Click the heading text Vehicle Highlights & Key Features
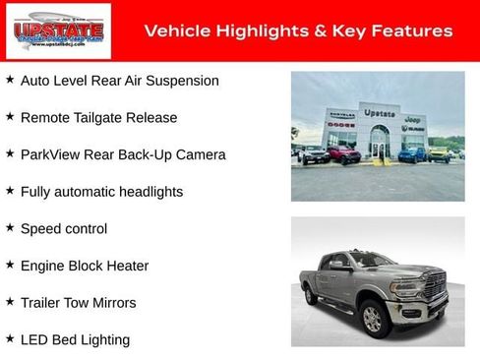[x=298, y=31]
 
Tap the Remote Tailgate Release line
[x=98, y=118]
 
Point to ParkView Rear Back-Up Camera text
[x=123, y=154]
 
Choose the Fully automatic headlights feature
[x=101, y=192]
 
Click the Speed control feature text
[x=64, y=229]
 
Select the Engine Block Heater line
[x=85, y=266]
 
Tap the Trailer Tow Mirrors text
[x=78, y=303]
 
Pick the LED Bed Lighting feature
[x=75, y=339]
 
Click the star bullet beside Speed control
[x=10, y=227]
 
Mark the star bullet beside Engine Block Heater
[x=10, y=265]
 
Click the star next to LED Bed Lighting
[x=10, y=338]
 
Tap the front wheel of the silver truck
[x=373, y=318]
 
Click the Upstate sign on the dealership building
[x=379, y=113]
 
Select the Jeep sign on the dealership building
[x=413, y=118]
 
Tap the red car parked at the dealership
[x=343, y=154]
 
